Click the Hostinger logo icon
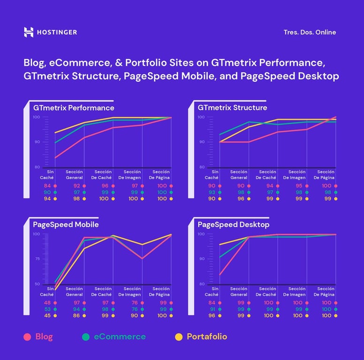pos(29,32)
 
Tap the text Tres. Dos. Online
pos(310,32)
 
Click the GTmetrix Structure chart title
pos(232,108)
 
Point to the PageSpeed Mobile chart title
pos(66,225)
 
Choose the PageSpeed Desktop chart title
pos(234,225)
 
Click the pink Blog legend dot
pos(28,337)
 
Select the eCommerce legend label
pos(119,337)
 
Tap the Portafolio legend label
pos(206,337)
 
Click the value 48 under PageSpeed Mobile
pos(47,303)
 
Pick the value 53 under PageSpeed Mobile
pos(47,309)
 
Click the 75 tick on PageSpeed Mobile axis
pos(37,259)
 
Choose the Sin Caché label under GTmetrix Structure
pos(212,174)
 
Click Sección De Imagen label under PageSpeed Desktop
pos(297,292)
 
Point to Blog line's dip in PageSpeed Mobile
pos(142,258)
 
